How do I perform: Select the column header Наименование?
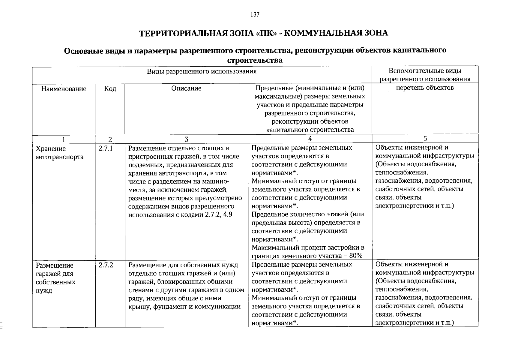point(64,89)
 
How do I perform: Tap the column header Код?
point(110,89)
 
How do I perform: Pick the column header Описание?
point(186,88)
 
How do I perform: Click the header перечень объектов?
point(425,88)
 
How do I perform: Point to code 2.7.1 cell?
point(105,148)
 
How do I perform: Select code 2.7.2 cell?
point(106,265)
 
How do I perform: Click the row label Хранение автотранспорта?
point(59,153)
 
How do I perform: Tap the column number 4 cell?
point(310,139)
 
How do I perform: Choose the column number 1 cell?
point(63,139)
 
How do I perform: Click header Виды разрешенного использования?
point(202,71)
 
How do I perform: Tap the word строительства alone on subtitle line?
point(255,60)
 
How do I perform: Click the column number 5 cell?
point(425,139)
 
